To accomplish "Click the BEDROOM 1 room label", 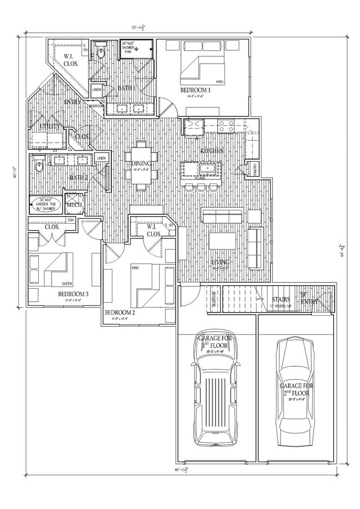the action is [195, 90].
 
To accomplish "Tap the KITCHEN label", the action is [212, 150].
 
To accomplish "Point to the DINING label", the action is [142, 164].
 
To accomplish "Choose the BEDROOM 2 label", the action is [119, 313].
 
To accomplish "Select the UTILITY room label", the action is [47, 127].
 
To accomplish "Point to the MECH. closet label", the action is [74, 204].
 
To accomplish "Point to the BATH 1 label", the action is [126, 88].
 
